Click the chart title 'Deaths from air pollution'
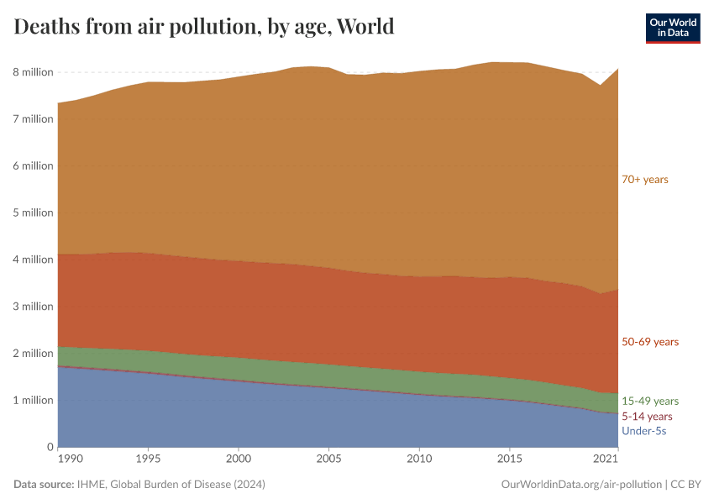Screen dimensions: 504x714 204,27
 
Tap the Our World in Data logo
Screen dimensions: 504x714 672,28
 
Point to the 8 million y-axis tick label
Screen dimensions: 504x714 33,72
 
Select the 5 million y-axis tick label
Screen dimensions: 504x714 33,213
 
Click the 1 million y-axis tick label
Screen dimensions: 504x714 33,401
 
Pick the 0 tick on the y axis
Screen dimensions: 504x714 50,447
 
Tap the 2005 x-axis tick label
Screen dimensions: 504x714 328,459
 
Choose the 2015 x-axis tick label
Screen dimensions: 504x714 509,459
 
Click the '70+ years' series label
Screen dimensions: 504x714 644,179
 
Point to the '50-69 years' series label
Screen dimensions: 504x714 649,342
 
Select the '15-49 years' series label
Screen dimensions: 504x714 649,402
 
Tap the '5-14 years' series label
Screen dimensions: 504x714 647,417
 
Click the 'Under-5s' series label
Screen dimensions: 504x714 643,431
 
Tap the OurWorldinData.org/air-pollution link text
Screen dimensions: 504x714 580,485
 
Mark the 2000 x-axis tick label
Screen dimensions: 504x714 239,459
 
